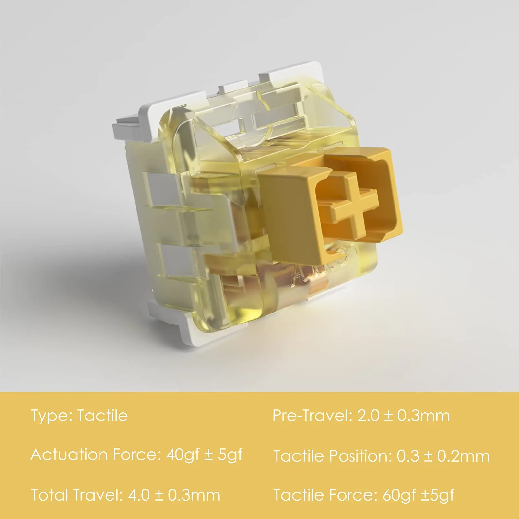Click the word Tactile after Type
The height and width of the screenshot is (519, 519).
click(103, 416)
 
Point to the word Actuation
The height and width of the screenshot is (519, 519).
click(69, 455)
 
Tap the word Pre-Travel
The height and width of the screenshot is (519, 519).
click(312, 416)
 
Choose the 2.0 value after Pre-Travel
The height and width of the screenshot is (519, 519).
click(368, 416)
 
